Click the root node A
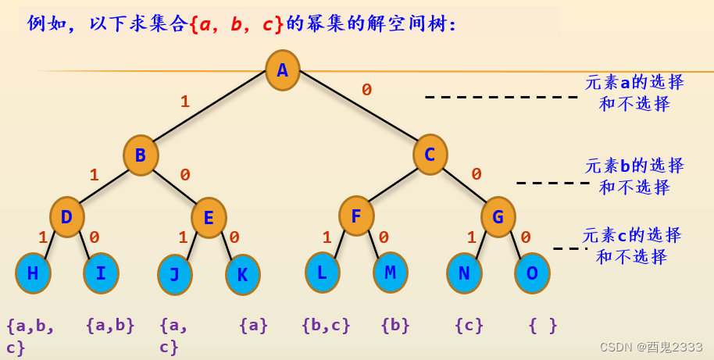coord(282,70)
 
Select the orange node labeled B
coord(141,155)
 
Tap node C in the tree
coord(430,154)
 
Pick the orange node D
coord(67,216)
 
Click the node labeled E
coord(209,217)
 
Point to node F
coord(356,216)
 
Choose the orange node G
coord(498,216)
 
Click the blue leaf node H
coord(33,273)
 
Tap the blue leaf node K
coord(242,274)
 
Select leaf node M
coord(390,272)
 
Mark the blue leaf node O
coord(532,273)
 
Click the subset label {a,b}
coord(110,325)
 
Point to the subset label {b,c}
coord(326,325)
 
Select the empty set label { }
coord(543,325)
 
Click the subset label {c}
coord(469,325)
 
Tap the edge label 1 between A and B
coord(185,102)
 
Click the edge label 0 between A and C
coord(366,90)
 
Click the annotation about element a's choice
coord(634,93)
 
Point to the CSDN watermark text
coord(651,347)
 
